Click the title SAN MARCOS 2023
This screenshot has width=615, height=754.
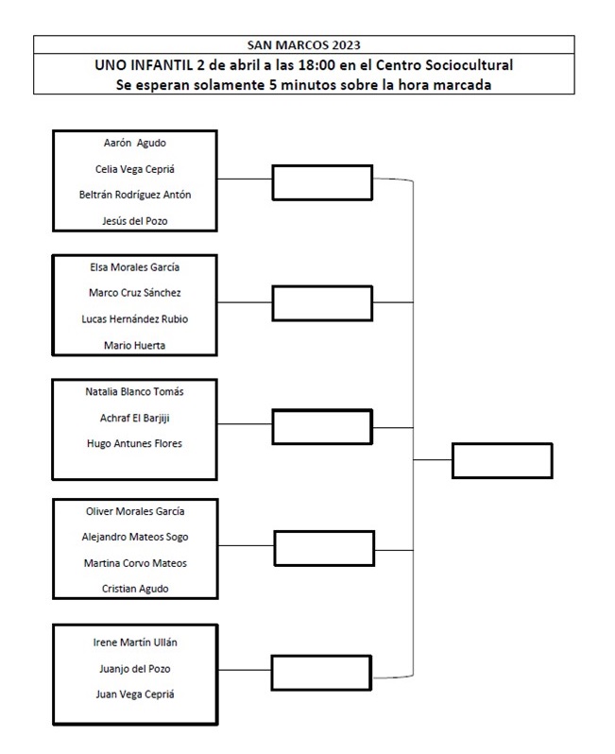[303, 45]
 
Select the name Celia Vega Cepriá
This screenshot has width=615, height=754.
[135, 169]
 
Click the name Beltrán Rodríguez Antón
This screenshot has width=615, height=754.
[135, 195]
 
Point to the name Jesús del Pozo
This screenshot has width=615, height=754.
[135, 221]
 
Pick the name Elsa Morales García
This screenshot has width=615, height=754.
[135, 267]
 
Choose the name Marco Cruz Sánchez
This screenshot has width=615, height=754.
[135, 293]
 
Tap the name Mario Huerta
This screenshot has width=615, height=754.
[135, 345]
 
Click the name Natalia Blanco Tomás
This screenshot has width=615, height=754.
[135, 392]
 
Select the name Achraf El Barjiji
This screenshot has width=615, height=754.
[135, 419]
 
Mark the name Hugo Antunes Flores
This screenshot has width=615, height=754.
[135, 443]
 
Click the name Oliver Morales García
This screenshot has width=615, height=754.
[135, 511]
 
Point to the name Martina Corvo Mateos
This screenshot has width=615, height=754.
[135, 563]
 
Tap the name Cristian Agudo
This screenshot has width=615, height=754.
[135, 589]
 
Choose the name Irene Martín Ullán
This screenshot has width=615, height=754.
[135, 643]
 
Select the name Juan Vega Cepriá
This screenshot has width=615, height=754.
[135, 694]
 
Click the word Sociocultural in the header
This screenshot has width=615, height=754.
[470, 65]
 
